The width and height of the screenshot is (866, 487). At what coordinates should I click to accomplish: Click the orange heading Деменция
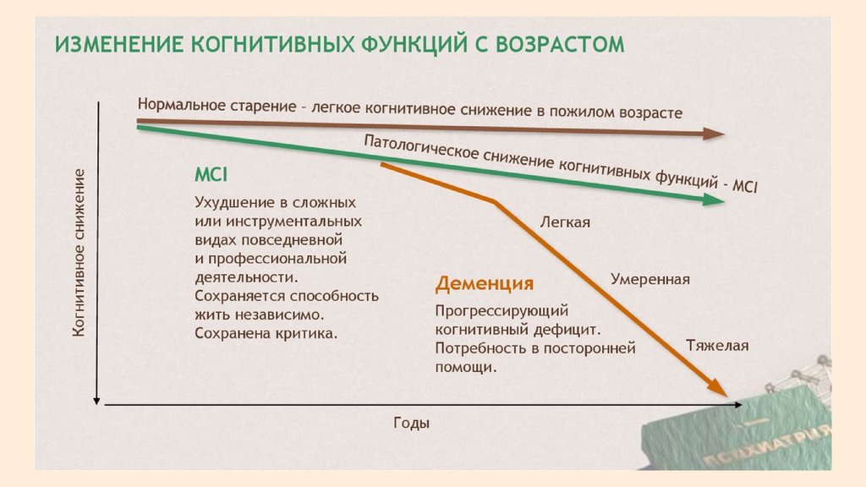(484, 283)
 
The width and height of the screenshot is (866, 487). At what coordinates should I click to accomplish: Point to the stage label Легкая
(565, 222)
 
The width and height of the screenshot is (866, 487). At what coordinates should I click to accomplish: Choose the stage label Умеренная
(650, 279)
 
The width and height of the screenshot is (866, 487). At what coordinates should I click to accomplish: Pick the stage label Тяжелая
(717, 345)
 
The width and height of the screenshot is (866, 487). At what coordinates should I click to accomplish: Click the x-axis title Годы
(411, 423)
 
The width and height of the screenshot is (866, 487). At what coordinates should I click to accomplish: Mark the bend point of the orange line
(494, 201)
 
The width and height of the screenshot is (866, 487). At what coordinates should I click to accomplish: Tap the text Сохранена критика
(266, 333)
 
